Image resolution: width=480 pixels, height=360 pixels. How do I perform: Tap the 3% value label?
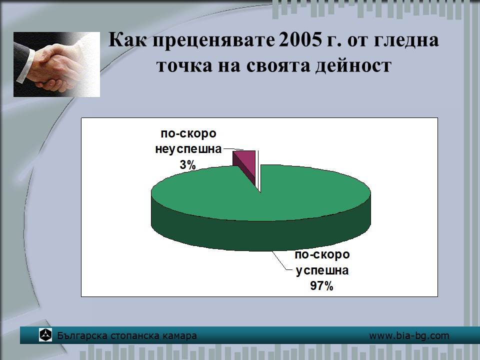coord(187,165)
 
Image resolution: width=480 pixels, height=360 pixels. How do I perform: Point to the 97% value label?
coord(321,286)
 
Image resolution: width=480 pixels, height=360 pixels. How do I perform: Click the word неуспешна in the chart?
coord(188,149)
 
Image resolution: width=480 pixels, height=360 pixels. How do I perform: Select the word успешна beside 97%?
coord(322,270)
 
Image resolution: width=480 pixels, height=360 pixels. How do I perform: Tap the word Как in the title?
coord(127,40)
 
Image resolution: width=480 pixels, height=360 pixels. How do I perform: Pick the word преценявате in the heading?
coord(213,40)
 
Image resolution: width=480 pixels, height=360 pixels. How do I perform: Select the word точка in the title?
coord(184,66)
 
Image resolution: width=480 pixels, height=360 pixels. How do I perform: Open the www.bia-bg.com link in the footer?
coord(409,335)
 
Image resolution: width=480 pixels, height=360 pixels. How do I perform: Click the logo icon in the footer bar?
coord(45,335)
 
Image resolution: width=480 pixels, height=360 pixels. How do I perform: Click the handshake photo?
coord(56,64)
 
